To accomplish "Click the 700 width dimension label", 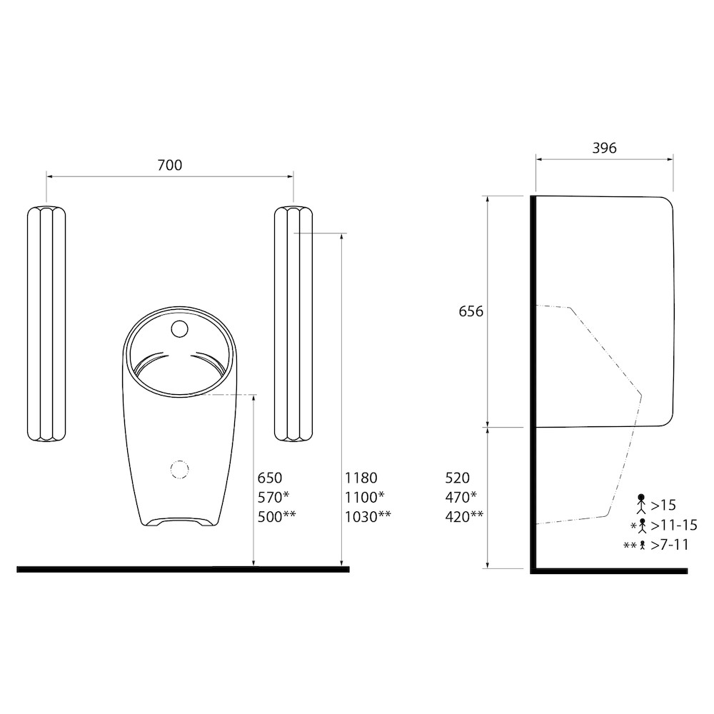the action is (170, 165).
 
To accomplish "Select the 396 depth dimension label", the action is (604, 148).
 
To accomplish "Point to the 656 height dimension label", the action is (471, 311).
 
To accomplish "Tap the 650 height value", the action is (270, 478).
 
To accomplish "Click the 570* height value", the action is (273, 497).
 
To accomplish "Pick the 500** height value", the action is (277, 517).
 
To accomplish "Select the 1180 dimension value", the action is (361, 478).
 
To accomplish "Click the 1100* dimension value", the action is (365, 497).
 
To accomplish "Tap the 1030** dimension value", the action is (368, 517).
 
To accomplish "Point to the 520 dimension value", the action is (457, 478).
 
